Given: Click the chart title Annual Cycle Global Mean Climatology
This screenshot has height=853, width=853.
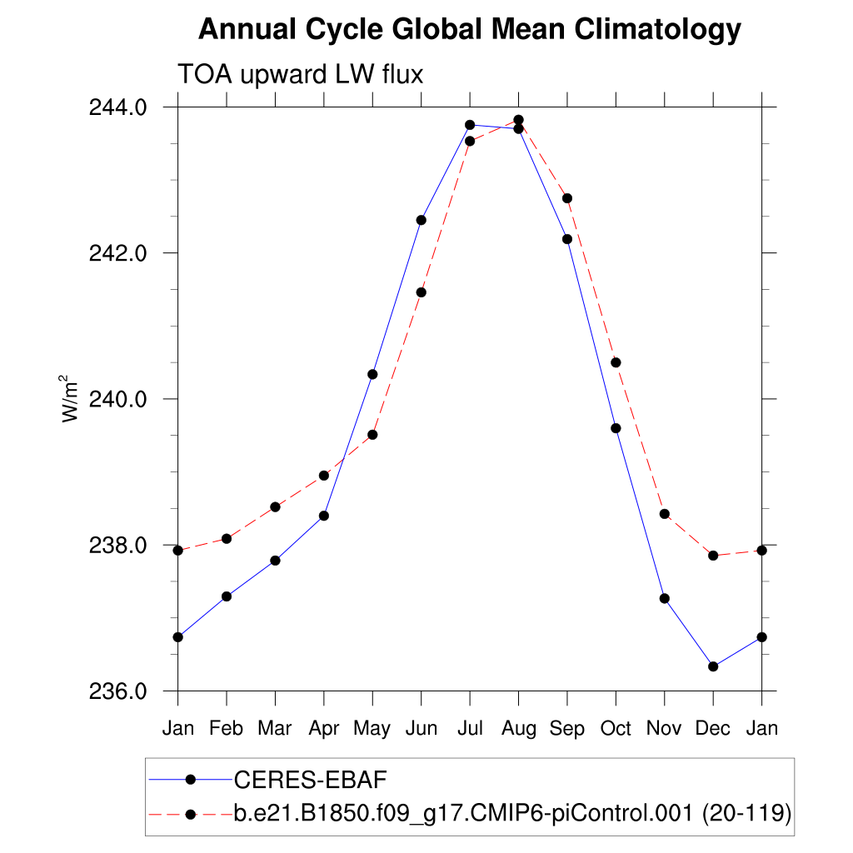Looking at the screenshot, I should [x=469, y=30].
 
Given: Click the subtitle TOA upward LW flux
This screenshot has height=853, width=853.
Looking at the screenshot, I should [x=301, y=75].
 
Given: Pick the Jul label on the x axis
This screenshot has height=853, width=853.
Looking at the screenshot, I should [x=470, y=728].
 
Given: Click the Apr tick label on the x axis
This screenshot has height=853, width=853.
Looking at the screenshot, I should [x=323, y=728].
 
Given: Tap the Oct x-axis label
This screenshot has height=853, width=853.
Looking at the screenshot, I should [x=616, y=728].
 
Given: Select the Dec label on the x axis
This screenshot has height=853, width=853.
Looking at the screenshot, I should [x=713, y=728].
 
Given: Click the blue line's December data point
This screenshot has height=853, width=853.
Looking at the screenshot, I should [x=713, y=666].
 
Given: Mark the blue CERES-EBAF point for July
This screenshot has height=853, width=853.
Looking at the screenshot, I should [x=470, y=125].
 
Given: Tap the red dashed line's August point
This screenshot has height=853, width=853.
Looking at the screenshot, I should [x=518, y=120].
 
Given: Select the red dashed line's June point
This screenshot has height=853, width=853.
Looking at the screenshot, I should [x=422, y=292].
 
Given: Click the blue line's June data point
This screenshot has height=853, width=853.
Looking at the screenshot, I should [x=422, y=220].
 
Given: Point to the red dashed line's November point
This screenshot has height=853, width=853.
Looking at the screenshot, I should [x=665, y=514].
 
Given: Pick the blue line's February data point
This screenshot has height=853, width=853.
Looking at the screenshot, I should [x=226, y=596].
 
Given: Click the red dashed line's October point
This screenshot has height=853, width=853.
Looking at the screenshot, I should [x=616, y=362].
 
